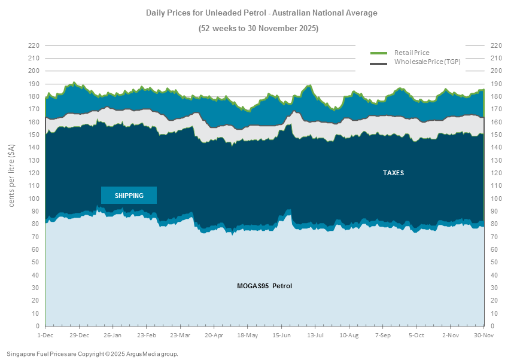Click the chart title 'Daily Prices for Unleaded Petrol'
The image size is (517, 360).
[261, 13]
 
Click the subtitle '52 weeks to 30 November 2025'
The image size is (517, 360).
[258, 28]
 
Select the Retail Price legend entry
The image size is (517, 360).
[412, 53]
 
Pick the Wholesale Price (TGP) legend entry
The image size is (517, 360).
[427, 62]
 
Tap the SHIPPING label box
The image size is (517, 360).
[129, 196]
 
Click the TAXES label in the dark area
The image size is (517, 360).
[393, 173]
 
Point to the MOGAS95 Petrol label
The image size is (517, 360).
[264, 286]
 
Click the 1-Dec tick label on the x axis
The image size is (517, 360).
[45, 335]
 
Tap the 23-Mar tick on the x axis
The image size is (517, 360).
[180, 335]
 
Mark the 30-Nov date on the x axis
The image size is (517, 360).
[483, 335]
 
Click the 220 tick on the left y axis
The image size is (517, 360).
[34, 45]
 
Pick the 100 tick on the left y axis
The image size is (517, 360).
[34, 199]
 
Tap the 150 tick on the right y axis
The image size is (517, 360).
[495, 135]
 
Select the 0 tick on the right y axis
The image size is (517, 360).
[492, 326]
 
